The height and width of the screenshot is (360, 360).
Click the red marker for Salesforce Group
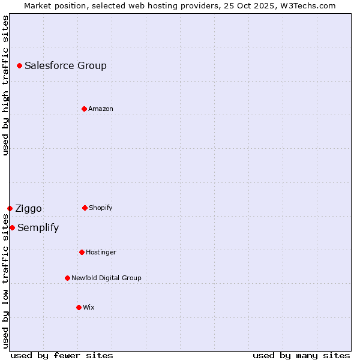tap(19, 65)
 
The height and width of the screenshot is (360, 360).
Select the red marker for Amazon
tap(84, 109)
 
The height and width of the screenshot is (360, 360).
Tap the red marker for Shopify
tap(85, 208)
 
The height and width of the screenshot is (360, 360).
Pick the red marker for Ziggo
tap(10, 208)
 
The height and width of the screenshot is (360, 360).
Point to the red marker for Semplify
tap(12, 227)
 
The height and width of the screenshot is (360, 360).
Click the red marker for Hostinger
tap(82, 252)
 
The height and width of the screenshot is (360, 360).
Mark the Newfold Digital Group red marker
tap(67, 278)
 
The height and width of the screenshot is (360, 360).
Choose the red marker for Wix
tap(79, 307)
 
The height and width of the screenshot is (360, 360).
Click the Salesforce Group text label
tap(65, 66)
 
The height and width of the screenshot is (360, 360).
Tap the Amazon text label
tap(101, 109)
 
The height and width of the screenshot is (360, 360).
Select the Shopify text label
tap(101, 208)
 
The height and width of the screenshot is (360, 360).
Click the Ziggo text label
tap(28, 209)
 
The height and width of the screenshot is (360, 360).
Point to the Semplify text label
tap(38, 228)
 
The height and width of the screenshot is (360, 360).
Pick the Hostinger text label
tap(101, 253)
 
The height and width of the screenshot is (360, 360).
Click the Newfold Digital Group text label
tap(106, 278)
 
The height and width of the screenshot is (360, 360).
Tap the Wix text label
tap(89, 308)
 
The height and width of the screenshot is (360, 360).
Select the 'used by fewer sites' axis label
tap(62, 355)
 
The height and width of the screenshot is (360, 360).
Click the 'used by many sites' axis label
tap(301, 355)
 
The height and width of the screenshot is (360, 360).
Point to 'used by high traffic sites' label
tap(5, 85)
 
